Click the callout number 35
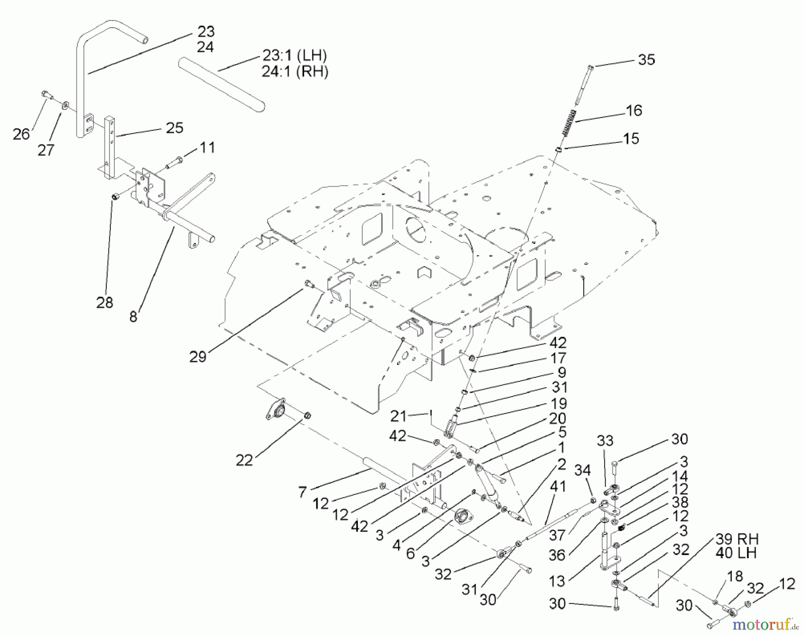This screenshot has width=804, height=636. point(646,60)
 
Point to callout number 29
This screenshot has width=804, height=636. point(197,356)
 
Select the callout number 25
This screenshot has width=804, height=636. point(174,128)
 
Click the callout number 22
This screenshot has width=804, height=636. point(244,460)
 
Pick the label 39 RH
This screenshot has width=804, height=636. point(737,539)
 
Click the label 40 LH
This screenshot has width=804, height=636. point(736,553)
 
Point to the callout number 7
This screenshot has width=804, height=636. point(302,492)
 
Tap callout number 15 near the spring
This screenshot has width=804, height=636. point(631,139)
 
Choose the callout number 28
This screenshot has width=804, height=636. point(105,303)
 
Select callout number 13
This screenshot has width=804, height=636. point(557,582)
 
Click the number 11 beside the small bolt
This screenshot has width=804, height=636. point(206,147)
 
